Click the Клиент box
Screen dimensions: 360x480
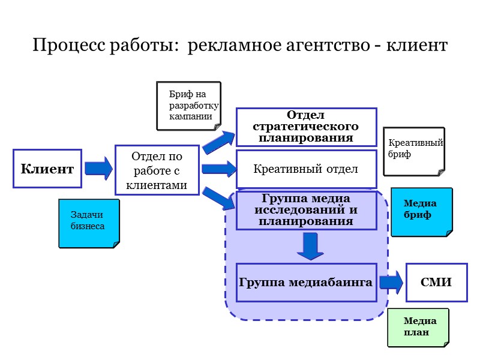click(47, 169)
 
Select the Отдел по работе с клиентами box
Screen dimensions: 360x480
click(157, 170)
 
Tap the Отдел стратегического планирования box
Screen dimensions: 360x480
click(305, 127)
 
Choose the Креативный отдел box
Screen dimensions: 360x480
click(305, 169)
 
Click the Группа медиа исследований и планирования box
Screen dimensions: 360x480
click(305, 210)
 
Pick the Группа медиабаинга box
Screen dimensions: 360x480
click(305, 282)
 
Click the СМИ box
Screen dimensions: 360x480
click(436, 282)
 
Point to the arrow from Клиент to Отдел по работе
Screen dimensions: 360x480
click(98, 168)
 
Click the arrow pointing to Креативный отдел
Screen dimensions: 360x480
click(218, 169)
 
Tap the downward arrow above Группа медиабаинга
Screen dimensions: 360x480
click(310, 247)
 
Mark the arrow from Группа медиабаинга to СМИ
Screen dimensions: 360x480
click(391, 282)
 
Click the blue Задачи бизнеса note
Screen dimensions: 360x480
click(88, 223)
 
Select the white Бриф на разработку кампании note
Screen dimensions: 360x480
click(187, 106)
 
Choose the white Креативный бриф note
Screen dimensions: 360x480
click(414, 151)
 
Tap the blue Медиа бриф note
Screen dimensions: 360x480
click(421, 212)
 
